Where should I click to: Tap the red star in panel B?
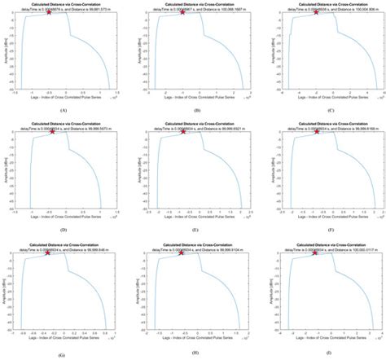pos(182,12)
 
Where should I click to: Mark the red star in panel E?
pos(182,132)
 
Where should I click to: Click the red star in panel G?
pos(48,252)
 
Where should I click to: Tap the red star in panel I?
pos(316,252)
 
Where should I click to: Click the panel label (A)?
pos(64,109)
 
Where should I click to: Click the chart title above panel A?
pos(64,4)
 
